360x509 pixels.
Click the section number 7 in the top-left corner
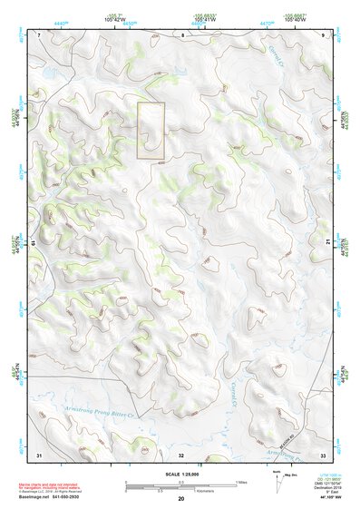[39, 34]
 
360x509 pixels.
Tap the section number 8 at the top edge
[181, 34]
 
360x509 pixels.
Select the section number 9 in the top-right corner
[324, 34]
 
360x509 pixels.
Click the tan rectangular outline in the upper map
[151, 131]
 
